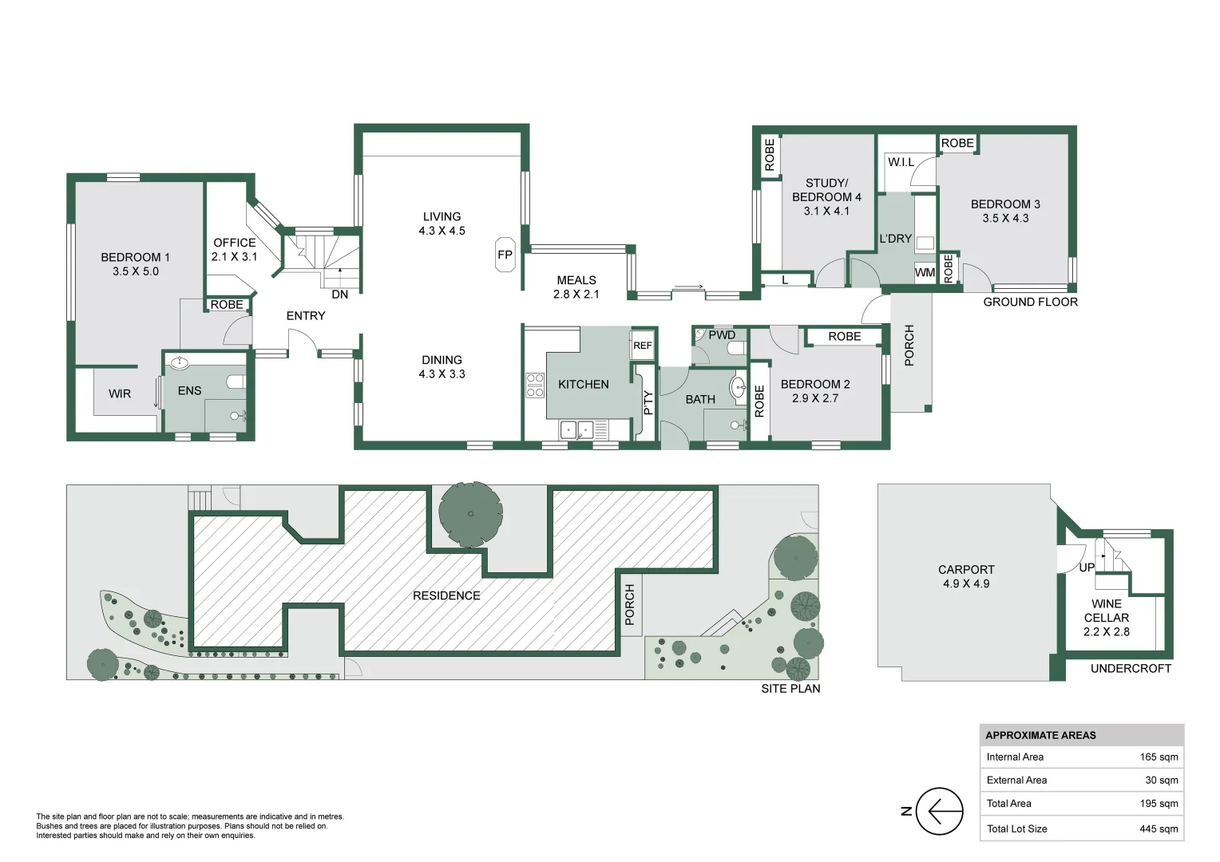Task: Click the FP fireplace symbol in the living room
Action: click(x=505, y=255)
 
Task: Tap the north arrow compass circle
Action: click(x=940, y=811)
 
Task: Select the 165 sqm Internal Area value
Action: click(x=1159, y=757)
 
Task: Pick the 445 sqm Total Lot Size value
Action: click(x=1159, y=828)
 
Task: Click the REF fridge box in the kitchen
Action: click(x=642, y=346)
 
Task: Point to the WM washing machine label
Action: click(x=925, y=273)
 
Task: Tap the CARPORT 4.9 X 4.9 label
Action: click(x=966, y=576)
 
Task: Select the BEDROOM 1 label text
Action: click(x=135, y=257)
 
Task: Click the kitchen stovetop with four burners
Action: click(x=534, y=385)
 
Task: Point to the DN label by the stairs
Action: click(x=339, y=295)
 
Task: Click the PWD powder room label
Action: click(x=722, y=335)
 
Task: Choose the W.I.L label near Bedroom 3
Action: click(x=901, y=162)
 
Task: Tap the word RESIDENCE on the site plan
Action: click(x=446, y=595)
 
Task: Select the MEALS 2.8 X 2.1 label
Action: click(x=576, y=287)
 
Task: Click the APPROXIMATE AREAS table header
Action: click(x=1040, y=735)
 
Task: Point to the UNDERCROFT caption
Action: click(x=1131, y=669)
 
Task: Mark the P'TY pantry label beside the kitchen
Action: click(x=648, y=403)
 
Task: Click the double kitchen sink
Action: click(x=576, y=430)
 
